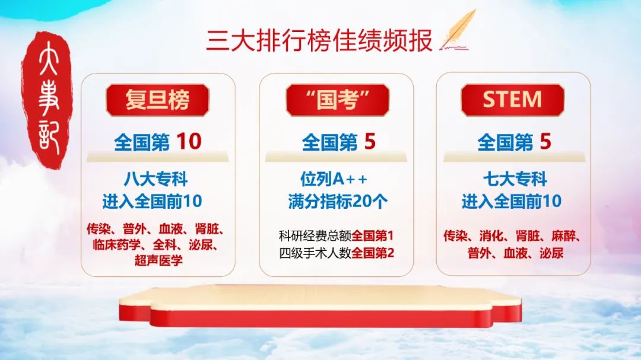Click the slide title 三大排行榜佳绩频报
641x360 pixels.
point(319,40)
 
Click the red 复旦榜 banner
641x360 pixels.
point(157,100)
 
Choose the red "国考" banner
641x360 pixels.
point(337,100)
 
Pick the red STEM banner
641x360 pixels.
point(513,100)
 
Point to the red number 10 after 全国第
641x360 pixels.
point(189,141)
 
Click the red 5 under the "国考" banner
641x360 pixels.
point(370,141)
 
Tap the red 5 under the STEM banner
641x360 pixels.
point(545,141)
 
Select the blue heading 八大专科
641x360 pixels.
point(156,179)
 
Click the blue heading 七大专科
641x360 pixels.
point(515,179)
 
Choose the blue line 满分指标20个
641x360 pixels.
point(338,201)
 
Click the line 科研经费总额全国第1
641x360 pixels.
point(336,235)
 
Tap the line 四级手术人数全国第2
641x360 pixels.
point(337,253)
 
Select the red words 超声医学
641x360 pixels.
point(158,260)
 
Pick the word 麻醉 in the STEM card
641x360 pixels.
point(563,236)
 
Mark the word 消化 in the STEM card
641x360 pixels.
point(491,236)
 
